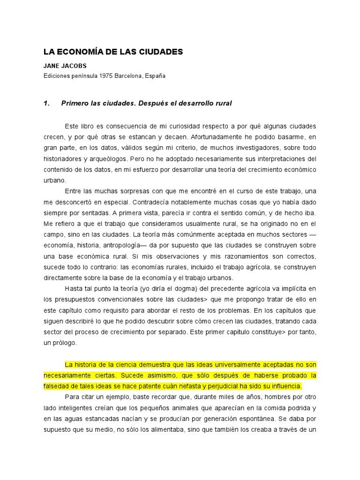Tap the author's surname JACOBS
pyautogui.click(x=74, y=66)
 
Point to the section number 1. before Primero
pyautogui.click(x=47, y=103)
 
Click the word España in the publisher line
pyautogui.click(x=155, y=75)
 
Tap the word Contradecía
pyautogui.click(x=154, y=202)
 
